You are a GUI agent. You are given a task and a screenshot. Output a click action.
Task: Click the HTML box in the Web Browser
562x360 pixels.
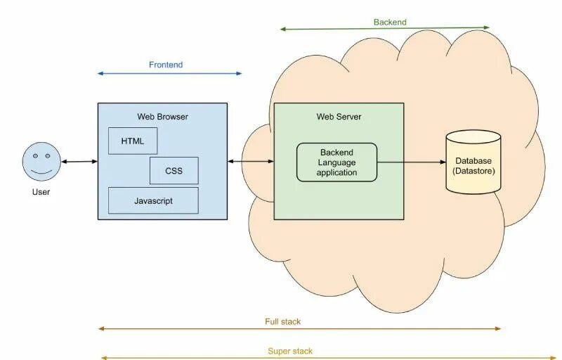[133, 141]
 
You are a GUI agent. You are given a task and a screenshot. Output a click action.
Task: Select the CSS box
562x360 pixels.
[174, 171]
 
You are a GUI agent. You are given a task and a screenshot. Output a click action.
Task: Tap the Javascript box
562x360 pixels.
[153, 200]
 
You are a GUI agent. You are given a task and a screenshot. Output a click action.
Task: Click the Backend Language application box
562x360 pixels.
[337, 162]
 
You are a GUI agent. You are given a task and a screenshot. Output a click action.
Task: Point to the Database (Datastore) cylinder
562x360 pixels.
[473, 162]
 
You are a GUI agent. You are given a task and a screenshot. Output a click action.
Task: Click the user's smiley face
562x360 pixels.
[41, 161]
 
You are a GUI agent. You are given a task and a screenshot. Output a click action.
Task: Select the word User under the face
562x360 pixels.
[41, 192]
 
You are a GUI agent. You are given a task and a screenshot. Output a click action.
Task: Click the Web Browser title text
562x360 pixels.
[162, 117]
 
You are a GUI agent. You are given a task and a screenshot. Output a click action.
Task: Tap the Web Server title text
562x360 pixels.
[339, 117]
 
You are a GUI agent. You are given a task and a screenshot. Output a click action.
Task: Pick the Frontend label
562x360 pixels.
[166, 65]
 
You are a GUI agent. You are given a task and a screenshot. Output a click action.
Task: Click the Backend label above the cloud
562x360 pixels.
[390, 22]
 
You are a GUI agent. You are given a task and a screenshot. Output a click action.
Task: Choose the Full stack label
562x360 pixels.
[283, 321]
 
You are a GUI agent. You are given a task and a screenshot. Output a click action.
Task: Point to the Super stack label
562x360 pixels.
[290, 351]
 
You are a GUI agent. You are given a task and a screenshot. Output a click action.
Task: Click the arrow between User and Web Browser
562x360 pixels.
[79, 162]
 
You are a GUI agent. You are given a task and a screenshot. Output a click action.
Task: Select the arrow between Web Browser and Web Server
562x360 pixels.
[251, 161]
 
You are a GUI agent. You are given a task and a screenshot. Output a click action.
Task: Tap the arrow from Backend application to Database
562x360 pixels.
[412, 162]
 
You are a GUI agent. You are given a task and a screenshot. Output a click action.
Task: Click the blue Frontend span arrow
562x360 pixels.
[169, 74]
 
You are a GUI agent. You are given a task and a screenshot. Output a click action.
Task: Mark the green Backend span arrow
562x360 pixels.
[384, 28]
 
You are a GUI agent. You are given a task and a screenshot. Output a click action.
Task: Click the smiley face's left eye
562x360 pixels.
[35, 156]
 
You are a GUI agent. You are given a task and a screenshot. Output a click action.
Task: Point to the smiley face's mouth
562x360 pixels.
[41, 172]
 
